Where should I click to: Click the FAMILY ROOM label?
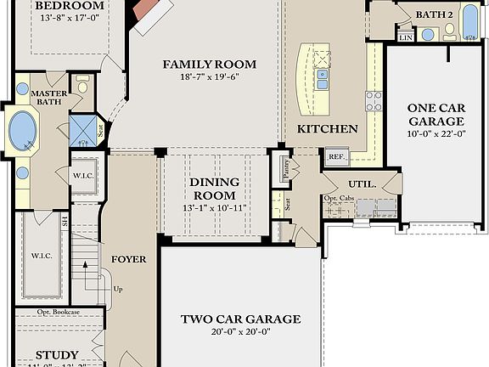click(209, 65)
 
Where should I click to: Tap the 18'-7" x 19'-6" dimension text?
click(209, 76)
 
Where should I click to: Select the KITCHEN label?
click(327, 129)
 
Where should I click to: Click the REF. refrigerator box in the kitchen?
click(336, 156)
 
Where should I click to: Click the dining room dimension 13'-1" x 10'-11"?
click(213, 208)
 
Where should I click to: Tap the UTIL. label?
click(362, 184)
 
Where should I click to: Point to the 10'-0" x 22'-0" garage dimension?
click(435, 133)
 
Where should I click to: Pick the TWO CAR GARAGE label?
click(240, 319)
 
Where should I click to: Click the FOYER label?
click(128, 259)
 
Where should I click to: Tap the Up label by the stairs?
click(118, 289)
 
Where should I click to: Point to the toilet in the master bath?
click(82, 85)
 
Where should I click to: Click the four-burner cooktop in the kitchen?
click(374, 101)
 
